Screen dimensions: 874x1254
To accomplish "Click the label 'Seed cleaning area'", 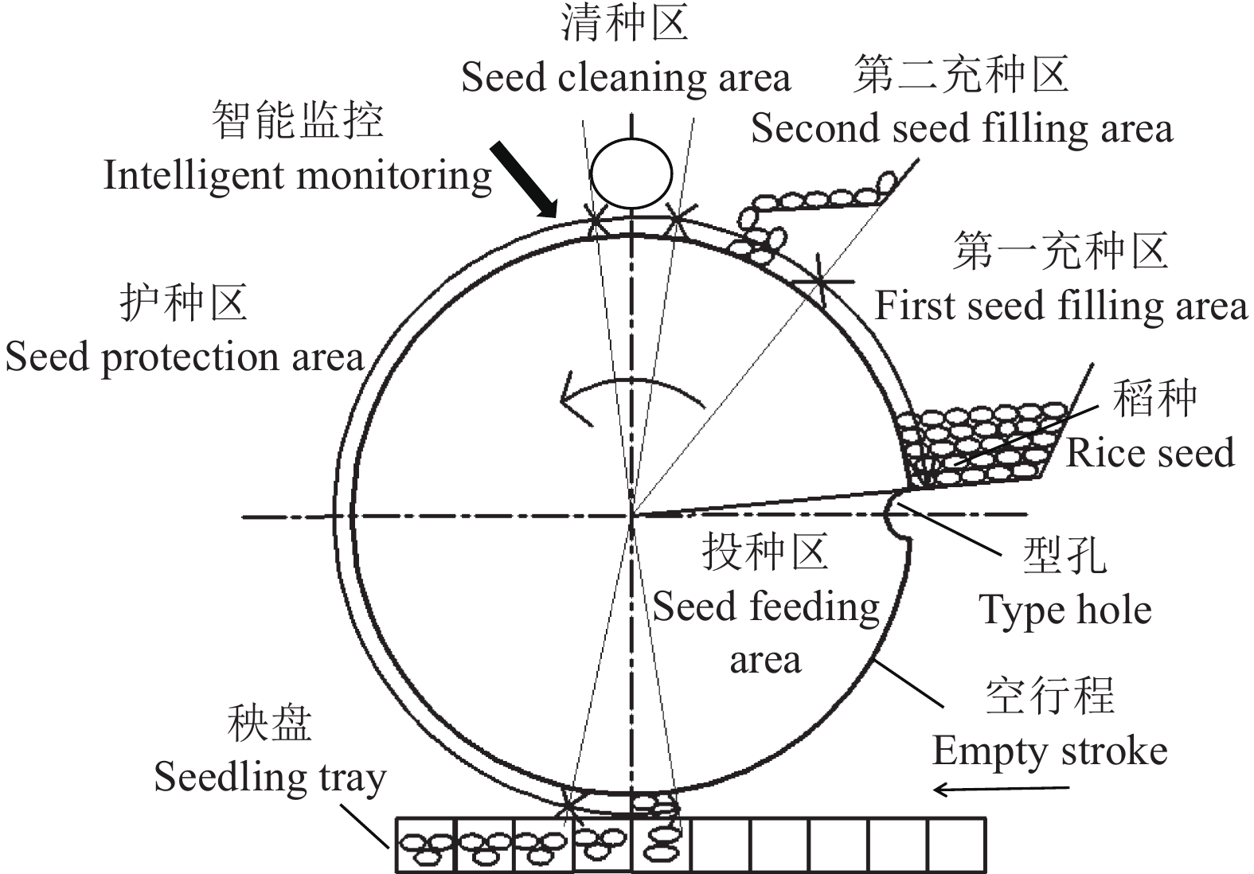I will (x=626, y=78).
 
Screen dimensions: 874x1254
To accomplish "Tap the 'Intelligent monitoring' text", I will (x=297, y=175).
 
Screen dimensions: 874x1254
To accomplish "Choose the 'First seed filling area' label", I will (x=1061, y=306).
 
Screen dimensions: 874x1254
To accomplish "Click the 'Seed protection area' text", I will (x=184, y=357).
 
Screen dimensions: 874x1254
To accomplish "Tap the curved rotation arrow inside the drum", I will (x=629, y=391).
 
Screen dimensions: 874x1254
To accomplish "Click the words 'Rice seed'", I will (x=1149, y=453).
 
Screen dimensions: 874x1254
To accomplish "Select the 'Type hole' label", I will (x=1065, y=611).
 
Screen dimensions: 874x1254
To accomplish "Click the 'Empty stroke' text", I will (x=1049, y=751).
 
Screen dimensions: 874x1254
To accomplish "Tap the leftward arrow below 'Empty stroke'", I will (x=1001, y=789).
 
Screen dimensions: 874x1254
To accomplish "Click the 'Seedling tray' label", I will (x=269, y=777).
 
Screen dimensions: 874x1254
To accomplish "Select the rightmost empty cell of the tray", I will (x=956, y=845).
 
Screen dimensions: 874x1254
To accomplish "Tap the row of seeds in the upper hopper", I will (x=820, y=198).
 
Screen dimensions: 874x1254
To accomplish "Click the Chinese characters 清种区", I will (x=624, y=23).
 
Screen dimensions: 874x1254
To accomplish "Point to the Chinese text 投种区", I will (x=764, y=552).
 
